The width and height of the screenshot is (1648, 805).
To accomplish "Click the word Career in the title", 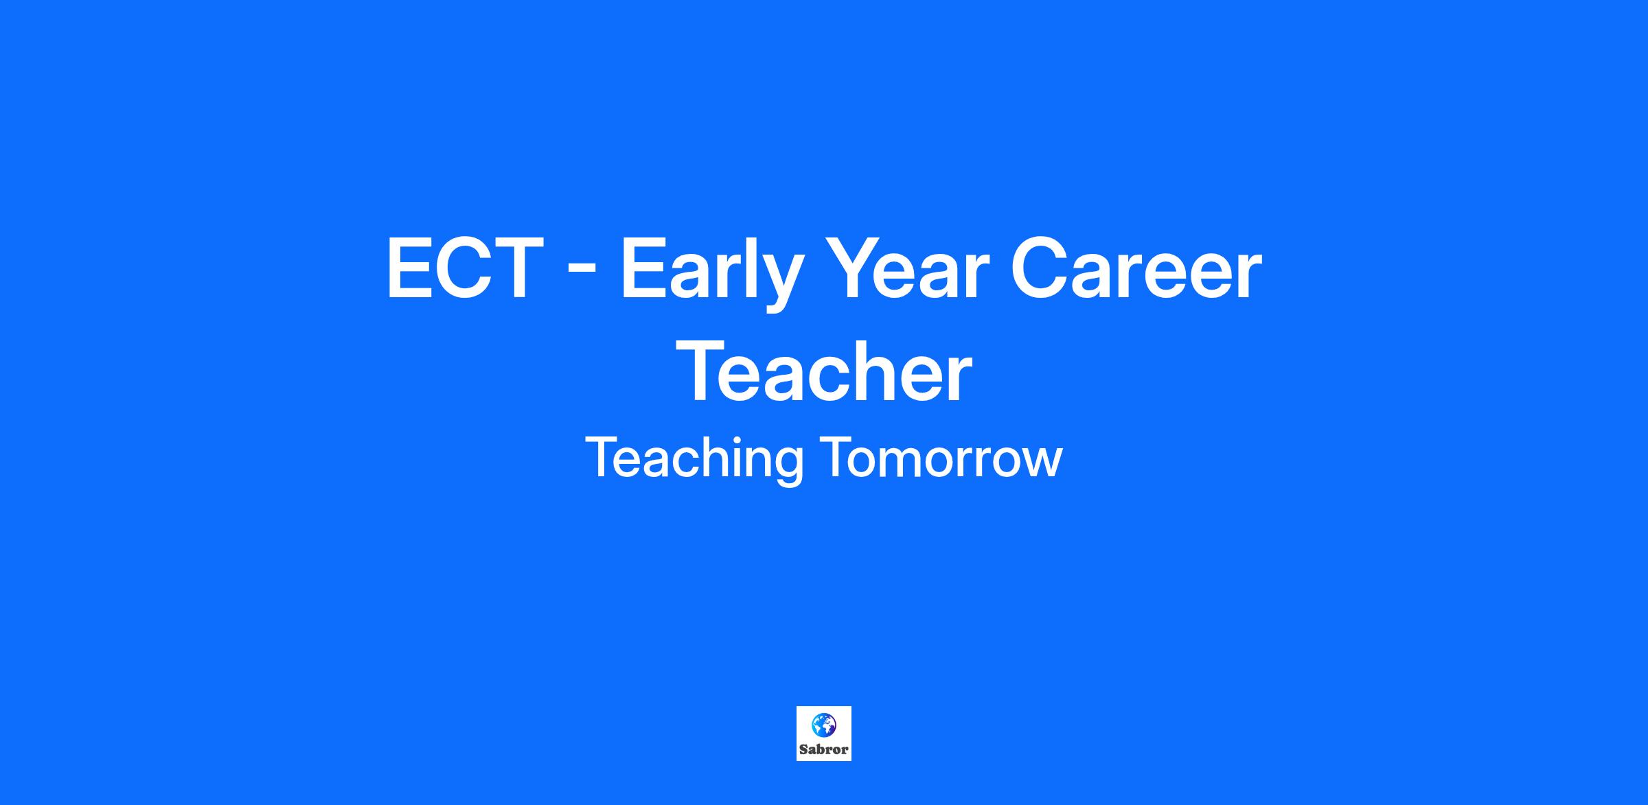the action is point(1137,268).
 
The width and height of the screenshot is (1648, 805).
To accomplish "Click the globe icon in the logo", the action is point(824,725).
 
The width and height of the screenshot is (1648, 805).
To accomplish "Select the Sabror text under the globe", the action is point(824,749).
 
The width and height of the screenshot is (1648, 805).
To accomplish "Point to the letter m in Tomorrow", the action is point(900,463).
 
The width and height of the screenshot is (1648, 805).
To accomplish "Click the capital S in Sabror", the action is point(803,749).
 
